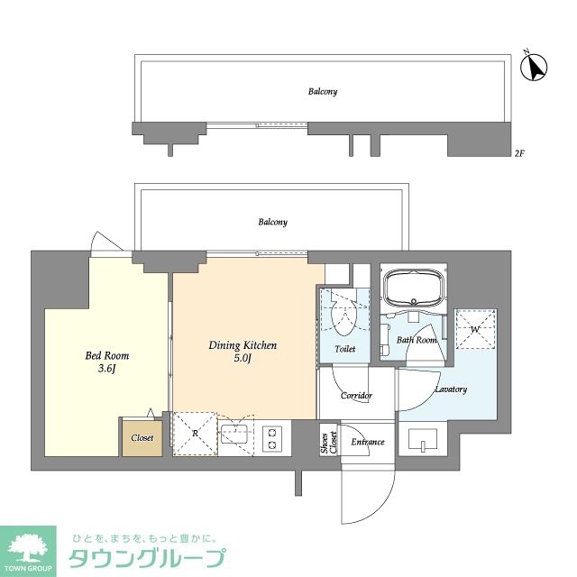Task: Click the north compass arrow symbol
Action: tap(534, 67)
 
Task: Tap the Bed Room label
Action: tap(107, 356)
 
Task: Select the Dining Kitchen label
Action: tap(243, 345)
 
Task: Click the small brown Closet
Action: tap(142, 438)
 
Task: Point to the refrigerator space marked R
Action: tap(195, 434)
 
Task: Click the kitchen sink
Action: tap(234, 435)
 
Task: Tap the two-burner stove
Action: tap(272, 439)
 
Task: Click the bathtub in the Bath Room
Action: tap(414, 288)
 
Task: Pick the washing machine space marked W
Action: tap(475, 329)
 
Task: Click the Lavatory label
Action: tap(451, 389)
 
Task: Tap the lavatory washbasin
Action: tap(423, 440)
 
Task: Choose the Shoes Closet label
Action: tap(328, 443)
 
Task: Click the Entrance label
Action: tap(368, 442)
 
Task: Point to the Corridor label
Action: tap(356, 396)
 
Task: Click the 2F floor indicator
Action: tap(519, 153)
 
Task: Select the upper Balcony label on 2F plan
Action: tap(323, 91)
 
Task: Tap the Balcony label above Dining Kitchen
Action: tap(272, 222)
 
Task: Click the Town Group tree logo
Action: tap(28, 551)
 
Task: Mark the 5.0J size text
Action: tap(243, 358)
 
